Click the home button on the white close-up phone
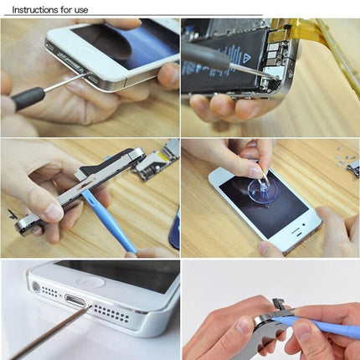coord(89,282)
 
